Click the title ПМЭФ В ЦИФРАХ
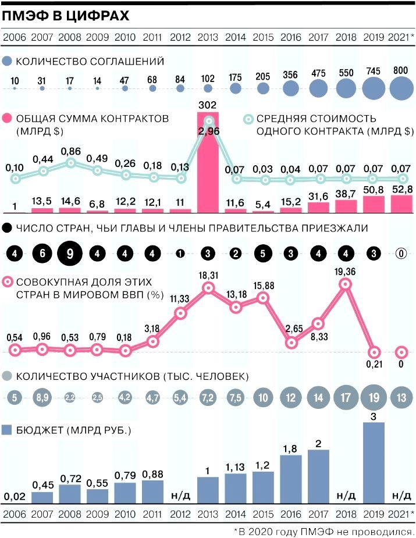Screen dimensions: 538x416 [x=65, y=16]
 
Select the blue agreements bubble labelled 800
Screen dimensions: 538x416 [x=402, y=88]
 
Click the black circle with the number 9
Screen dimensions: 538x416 [x=70, y=254]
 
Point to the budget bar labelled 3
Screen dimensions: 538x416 [x=374, y=463]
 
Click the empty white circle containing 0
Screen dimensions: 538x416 [x=401, y=254]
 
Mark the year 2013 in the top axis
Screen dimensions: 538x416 [x=208, y=38]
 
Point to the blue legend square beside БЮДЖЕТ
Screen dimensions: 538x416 [x=8, y=430]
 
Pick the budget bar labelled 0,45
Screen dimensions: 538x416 [x=42, y=497]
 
